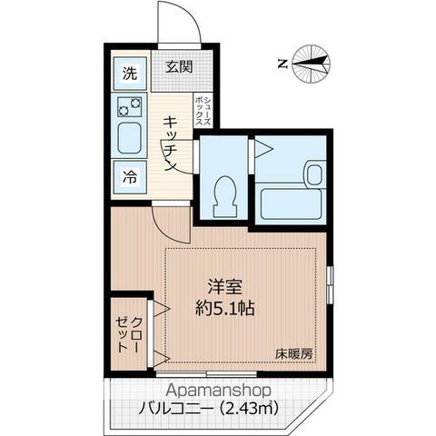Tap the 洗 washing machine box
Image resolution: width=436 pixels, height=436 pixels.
click(x=130, y=73)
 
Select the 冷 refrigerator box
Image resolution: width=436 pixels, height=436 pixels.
click(x=130, y=178)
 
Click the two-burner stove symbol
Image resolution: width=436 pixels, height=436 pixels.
click(x=129, y=107)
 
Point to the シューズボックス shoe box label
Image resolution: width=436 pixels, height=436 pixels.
click(x=207, y=110)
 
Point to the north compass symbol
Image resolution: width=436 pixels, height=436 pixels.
click(x=314, y=63)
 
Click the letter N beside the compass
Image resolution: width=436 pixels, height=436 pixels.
click(x=282, y=64)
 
